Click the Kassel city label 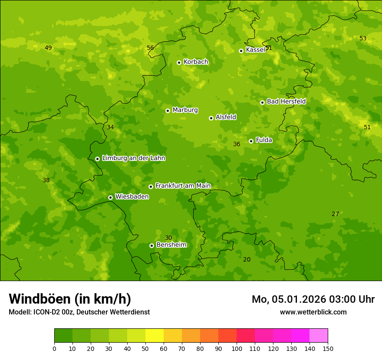[x=255, y=50]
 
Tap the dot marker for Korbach [x=179, y=62]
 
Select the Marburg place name [x=185, y=110]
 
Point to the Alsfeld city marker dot [x=211, y=118]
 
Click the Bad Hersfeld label [x=286, y=101]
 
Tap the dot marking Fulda [x=251, y=141]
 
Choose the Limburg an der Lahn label [x=133, y=158]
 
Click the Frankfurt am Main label [x=183, y=186]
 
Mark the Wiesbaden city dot [x=110, y=197]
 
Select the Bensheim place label [x=171, y=245]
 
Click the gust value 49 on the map [x=48, y=48]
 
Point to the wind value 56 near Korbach [x=150, y=48]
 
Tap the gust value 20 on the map [x=247, y=259]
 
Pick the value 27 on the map [x=335, y=214]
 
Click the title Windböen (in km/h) [x=70, y=299]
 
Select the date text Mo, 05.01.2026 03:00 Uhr [x=313, y=299]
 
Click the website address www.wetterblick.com [x=313, y=312]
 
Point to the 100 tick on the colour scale [x=237, y=348]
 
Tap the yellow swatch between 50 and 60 [x=155, y=336]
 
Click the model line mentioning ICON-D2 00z [x=79, y=312]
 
